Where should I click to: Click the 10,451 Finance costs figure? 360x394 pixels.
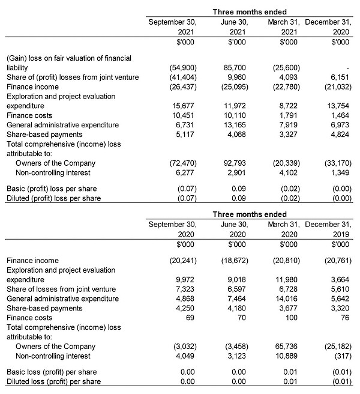coord(184,115)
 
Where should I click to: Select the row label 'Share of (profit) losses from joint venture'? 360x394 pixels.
coord(72,77)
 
